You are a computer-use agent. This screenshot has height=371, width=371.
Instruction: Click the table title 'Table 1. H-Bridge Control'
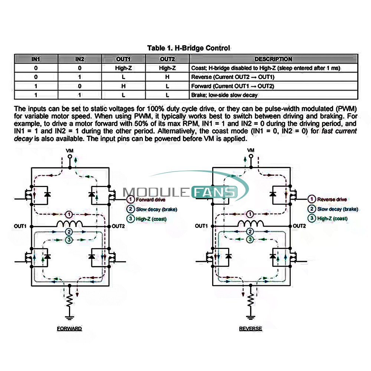tap(188, 48)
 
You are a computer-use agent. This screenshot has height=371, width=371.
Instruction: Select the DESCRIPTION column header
tap(273, 59)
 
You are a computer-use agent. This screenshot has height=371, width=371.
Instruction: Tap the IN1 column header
tap(36, 59)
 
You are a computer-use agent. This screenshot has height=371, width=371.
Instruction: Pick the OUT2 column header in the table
tap(167, 59)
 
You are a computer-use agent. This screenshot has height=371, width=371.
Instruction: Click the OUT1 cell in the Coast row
tap(124, 68)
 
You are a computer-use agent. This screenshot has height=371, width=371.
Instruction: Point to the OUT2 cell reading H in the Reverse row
tap(167, 77)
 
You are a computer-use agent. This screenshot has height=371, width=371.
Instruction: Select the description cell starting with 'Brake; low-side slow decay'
tap(224, 95)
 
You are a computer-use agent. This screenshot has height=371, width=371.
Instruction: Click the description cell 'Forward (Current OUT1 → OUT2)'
tap(233, 86)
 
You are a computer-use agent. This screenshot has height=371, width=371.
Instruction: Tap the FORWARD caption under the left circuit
tap(69, 329)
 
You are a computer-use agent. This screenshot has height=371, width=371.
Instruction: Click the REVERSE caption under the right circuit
tap(250, 329)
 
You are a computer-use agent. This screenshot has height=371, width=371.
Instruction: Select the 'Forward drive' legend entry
tap(146, 200)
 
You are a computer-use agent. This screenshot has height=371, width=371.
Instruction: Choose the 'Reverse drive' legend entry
tap(328, 199)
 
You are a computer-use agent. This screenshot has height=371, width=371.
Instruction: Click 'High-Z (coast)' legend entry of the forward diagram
tap(147, 219)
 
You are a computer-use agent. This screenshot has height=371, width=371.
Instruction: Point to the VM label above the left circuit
tap(70, 151)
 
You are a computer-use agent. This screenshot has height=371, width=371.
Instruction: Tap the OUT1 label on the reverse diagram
tap(201, 226)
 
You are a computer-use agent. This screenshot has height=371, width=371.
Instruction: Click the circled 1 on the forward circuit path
tap(69, 214)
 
